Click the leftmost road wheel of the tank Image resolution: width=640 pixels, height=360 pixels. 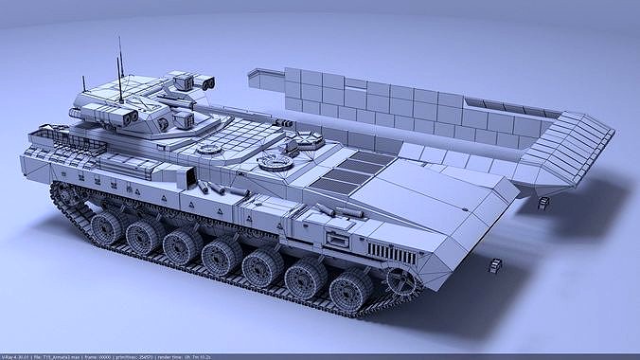point(106,226)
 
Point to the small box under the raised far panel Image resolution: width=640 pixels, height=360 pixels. point(543,202)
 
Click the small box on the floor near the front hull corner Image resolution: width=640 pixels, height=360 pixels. point(495,267)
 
